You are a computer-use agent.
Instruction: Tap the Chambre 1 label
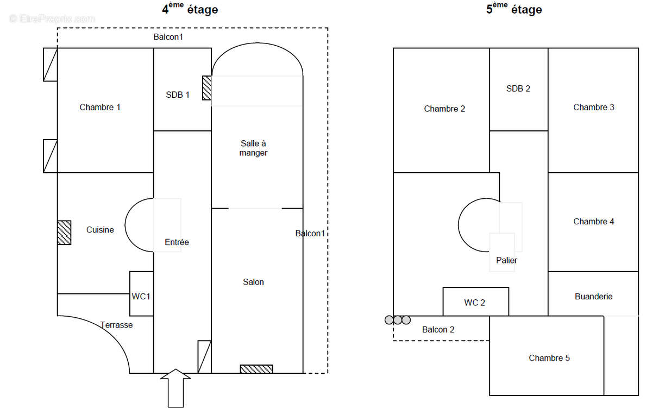pyautogui.click(x=100, y=107)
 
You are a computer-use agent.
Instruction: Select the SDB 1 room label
pyautogui.click(x=178, y=95)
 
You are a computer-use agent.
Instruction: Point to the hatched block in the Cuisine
pyautogui.click(x=64, y=233)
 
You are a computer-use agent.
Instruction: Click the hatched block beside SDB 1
pyautogui.click(x=206, y=87)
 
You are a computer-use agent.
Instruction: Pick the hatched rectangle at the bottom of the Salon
pyautogui.click(x=256, y=369)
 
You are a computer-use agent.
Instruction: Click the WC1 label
pyautogui.click(x=141, y=296)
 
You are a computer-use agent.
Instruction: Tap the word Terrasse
pyautogui.click(x=116, y=325)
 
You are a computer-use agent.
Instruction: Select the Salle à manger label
pyautogui.click(x=253, y=148)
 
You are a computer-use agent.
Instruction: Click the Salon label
pyautogui.click(x=253, y=282)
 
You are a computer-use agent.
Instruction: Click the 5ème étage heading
pyautogui.click(x=514, y=9)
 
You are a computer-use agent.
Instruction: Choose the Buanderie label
pyautogui.click(x=593, y=296)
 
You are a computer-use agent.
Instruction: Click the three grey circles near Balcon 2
pyautogui.click(x=398, y=320)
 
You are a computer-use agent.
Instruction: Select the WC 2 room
pyautogui.click(x=475, y=302)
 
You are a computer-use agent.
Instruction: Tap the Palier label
pyautogui.click(x=506, y=260)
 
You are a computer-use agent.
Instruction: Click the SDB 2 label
pyautogui.click(x=518, y=89)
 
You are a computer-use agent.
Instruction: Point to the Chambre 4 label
pyautogui.click(x=593, y=221)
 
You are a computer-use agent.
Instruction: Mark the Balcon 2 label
pyautogui.click(x=438, y=329)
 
